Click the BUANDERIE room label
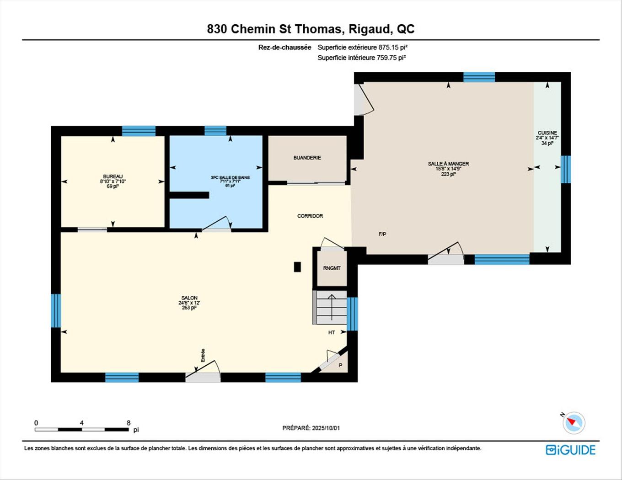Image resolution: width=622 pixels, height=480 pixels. pos(307,158)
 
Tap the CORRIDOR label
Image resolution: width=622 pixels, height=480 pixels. pos(310,216)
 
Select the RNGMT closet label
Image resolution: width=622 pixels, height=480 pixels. pos(332,268)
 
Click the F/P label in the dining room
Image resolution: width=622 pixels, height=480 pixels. pos(382,234)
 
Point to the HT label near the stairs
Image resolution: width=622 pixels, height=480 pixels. pos(332,332)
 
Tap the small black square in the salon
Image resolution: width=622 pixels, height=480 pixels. pos(297,267)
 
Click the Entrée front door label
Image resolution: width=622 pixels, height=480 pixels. pos(203,355)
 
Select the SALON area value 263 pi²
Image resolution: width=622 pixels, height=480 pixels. pos(189,308)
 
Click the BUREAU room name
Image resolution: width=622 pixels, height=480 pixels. pos(113,176)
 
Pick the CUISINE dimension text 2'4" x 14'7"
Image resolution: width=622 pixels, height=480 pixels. pos(547,138)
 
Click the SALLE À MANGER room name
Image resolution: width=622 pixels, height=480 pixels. pos(448,164)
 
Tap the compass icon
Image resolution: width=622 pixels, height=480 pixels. pos(574,422)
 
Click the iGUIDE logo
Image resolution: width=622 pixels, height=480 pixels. pos(570,450)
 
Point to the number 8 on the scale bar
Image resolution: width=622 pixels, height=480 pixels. pos(129,423)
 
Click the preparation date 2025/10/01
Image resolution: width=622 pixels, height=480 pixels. pos(326,428)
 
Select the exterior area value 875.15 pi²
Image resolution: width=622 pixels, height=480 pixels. pos(392,47)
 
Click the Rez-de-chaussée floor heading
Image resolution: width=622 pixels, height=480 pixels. pos(284,47)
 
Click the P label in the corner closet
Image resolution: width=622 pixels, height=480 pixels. pos(340,365)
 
